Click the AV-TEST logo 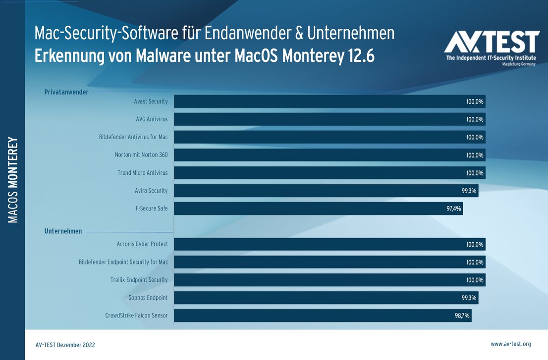pyautogui.click(x=491, y=48)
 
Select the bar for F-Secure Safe pyautogui.click(x=318, y=208)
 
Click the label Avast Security pyautogui.click(x=151, y=102)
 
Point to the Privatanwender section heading pyautogui.click(x=66, y=92)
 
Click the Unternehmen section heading pyautogui.click(x=63, y=231)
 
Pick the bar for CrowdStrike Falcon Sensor pyautogui.click(x=322, y=315)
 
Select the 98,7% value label pyautogui.click(x=462, y=315)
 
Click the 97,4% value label pyautogui.click(x=453, y=208)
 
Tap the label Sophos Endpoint pyautogui.click(x=148, y=298)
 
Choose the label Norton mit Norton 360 pyautogui.click(x=141, y=155)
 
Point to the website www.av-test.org pyautogui.click(x=510, y=344)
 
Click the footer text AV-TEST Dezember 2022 pyautogui.click(x=65, y=345)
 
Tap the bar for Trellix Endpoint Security pyautogui.click(x=329, y=280)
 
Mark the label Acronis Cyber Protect pyautogui.click(x=142, y=244)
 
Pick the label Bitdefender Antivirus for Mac pyautogui.click(x=133, y=137)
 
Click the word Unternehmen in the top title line pyautogui.click(x=351, y=33)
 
